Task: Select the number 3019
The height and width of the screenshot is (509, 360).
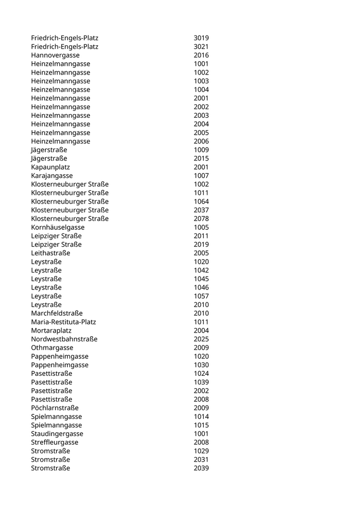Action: tap(201, 38)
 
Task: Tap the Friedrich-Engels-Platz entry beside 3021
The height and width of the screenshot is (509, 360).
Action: tap(64, 47)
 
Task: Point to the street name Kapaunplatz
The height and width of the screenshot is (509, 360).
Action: tap(50, 167)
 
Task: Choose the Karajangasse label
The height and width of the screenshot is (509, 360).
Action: tap(51, 176)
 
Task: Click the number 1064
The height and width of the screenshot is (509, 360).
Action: tap(201, 202)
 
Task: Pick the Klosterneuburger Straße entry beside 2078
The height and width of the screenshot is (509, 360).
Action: tap(69, 219)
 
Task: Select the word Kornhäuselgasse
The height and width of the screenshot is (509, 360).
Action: tap(58, 227)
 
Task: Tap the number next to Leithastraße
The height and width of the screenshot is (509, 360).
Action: tap(201, 253)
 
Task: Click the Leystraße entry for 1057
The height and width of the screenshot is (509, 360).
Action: tap(46, 296)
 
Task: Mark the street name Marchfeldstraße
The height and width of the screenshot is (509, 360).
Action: tap(57, 314)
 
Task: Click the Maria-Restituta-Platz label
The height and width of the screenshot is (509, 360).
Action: tap(63, 322)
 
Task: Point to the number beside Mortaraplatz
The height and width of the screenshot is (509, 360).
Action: tap(201, 331)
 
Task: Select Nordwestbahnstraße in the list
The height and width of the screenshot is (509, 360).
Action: tap(64, 339)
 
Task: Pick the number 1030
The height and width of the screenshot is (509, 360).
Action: tap(201, 365)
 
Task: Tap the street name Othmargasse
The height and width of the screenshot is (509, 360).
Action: tap(52, 348)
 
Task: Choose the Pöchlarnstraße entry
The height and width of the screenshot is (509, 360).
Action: tap(55, 408)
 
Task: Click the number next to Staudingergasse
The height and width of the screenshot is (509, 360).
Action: tap(201, 434)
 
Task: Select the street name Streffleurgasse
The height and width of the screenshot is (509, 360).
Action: tap(55, 443)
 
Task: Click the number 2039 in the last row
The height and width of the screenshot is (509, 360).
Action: tap(201, 468)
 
